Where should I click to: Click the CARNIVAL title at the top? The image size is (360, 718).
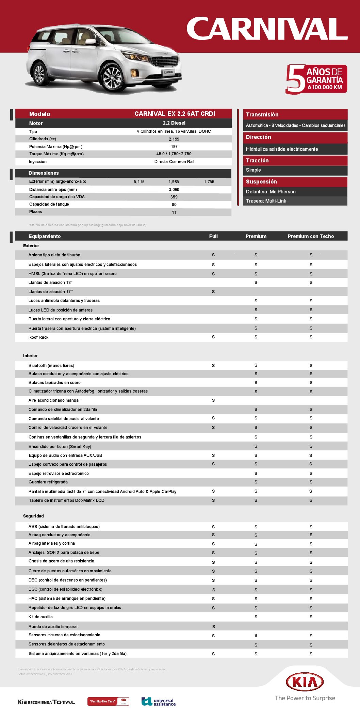click(267, 29)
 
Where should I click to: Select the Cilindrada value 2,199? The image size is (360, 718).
click(174, 139)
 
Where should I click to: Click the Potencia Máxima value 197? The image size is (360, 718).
click(174, 147)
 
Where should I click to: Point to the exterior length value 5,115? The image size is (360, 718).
click(139, 182)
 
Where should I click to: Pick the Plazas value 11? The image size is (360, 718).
click(174, 212)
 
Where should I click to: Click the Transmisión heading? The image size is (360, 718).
click(262, 114)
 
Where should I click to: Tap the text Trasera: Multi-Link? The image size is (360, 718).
click(266, 201)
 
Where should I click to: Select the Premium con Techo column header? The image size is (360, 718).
click(311, 236)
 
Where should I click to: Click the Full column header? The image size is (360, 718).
click(213, 236)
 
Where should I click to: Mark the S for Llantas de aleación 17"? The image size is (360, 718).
click(213, 292)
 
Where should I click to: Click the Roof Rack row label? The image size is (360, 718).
click(38, 337)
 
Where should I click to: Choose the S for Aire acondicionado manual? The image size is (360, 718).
click(213, 400)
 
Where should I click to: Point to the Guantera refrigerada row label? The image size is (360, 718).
click(48, 482)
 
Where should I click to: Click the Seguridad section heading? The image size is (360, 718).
click(33, 516)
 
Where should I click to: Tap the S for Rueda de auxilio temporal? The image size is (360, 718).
click(214, 627)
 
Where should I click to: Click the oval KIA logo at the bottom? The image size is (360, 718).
click(305, 682)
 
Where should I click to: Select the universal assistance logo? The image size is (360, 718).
click(159, 702)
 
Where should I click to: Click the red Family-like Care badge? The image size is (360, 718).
click(108, 701)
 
